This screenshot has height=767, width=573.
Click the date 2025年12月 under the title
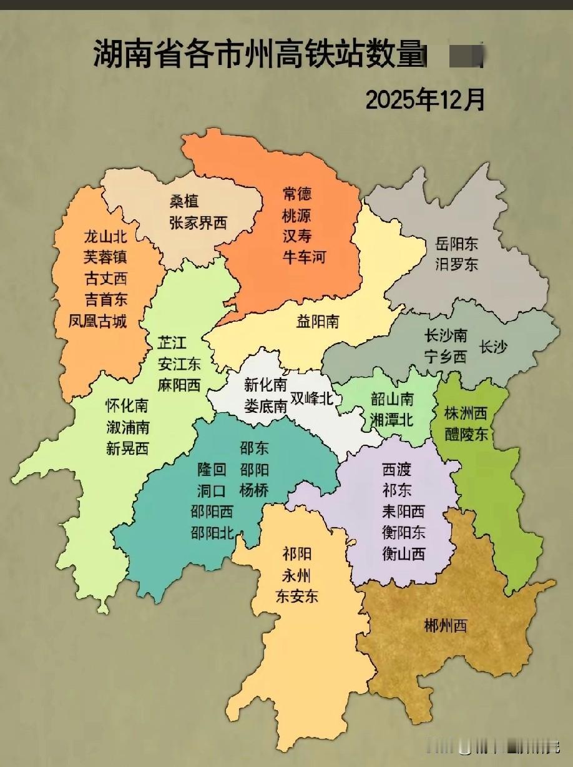(x=424, y=99)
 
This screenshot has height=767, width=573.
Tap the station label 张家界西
(x=198, y=222)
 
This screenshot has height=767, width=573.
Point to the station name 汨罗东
(x=457, y=264)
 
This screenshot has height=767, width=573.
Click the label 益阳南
(x=318, y=322)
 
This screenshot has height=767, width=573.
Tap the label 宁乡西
(x=446, y=358)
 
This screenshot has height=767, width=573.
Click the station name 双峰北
(x=312, y=399)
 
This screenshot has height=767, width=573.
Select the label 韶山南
(x=392, y=398)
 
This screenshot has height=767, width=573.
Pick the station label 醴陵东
(x=466, y=433)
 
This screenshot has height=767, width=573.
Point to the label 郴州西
(x=445, y=625)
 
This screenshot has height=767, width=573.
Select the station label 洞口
(x=212, y=491)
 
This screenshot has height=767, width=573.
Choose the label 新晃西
(x=127, y=448)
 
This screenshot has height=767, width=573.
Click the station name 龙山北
(x=105, y=237)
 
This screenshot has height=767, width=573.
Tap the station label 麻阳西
(x=179, y=384)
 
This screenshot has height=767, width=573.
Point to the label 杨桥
(x=254, y=490)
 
